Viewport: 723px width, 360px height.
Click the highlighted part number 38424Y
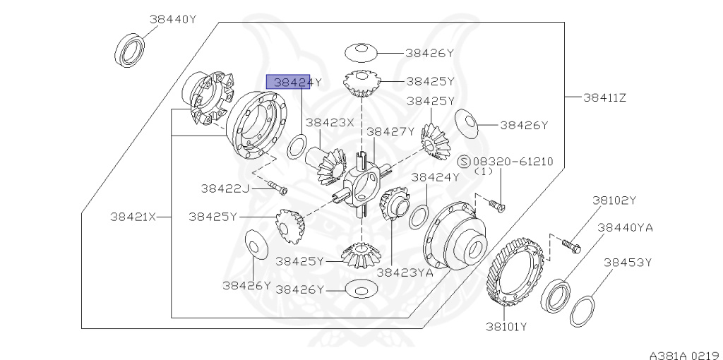click(292, 82)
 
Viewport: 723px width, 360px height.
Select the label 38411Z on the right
click(604, 97)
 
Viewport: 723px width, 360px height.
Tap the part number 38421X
click(132, 217)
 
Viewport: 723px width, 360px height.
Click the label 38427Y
click(390, 131)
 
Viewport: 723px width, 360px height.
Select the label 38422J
click(225, 188)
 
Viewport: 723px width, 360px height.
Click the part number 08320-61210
click(518, 162)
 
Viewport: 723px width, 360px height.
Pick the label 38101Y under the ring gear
click(506, 326)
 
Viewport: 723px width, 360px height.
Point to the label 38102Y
click(614, 200)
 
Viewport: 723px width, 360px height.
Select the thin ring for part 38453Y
click(582, 310)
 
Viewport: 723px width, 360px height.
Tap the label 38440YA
click(624, 227)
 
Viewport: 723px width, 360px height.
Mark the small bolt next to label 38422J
click(278, 188)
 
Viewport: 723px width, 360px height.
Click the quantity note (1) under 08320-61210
click(483, 172)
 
